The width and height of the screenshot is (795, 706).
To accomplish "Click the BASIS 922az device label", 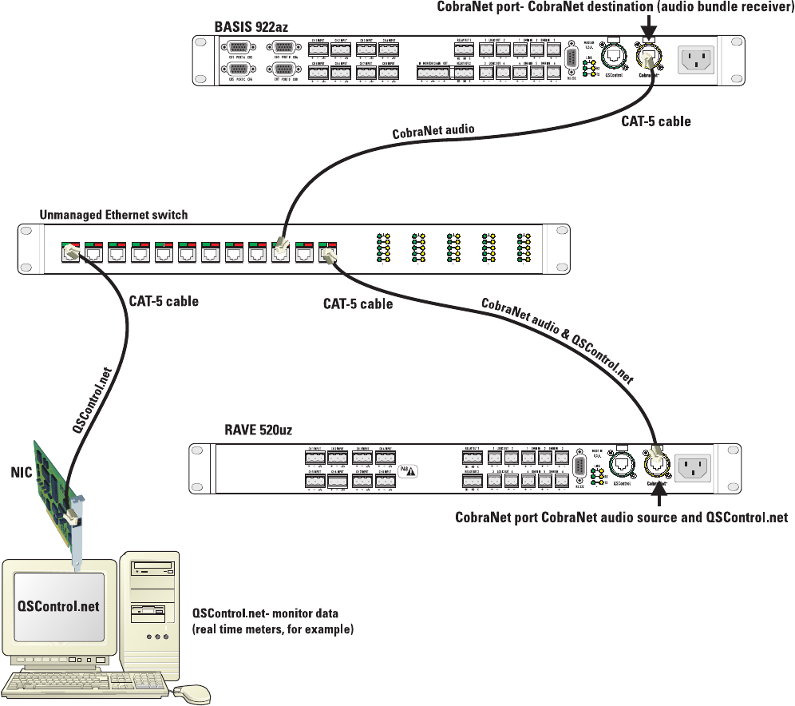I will click(251, 27).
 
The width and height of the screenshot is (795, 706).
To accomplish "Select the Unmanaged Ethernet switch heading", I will click(113, 215).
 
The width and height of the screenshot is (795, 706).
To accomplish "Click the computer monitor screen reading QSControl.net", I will click(59, 605).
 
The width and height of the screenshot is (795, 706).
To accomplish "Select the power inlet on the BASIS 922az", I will click(702, 59).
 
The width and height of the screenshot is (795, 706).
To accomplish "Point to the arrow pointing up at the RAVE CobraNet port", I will click(659, 494).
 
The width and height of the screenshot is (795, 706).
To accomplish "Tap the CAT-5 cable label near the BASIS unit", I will click(656, 121).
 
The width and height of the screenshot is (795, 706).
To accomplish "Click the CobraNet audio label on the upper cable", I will click(433, 131).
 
